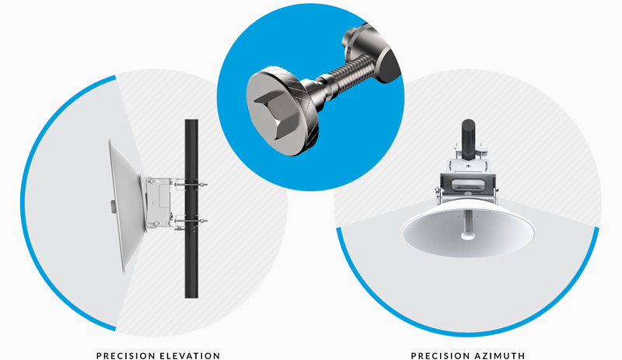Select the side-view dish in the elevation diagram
coord(123,205)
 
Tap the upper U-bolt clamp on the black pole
coord(190,183)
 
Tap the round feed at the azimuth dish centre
coord(468,236)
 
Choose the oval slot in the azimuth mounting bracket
coord(468,184)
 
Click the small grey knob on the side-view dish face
coord(113,206)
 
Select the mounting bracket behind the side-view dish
coord(158,202)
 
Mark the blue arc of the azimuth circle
coord(468,334)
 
